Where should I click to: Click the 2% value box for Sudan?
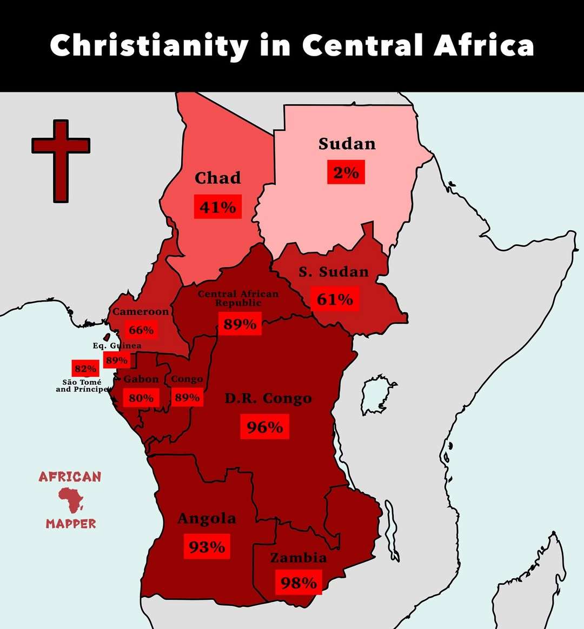[x=346, y=172]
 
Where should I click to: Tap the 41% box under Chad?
[x=218, y=207]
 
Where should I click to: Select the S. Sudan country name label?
[x=334, y=272]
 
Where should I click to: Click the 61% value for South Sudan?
[x=335, y=299]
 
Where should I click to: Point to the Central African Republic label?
[x=238, y=298]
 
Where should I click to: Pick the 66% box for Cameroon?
[x=141, y=330]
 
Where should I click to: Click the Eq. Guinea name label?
[x=117, y=346]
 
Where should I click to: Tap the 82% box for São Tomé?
[x=85, y=369]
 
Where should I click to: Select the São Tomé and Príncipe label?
[x=82, y=386]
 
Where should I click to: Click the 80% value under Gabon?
[x=141, y=398]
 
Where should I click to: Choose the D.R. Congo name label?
[x=268, y=399]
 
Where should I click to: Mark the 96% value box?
[x=264, y=427]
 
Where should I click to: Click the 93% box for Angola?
[x=207, y=547]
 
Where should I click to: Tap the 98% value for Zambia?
[x=298, y=583]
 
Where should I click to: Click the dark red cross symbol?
[x=61, y=160]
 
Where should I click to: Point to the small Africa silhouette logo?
[x=71, y=500]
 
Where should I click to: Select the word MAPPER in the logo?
[x=71, y=524]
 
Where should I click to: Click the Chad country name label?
[x=217, y=178]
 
